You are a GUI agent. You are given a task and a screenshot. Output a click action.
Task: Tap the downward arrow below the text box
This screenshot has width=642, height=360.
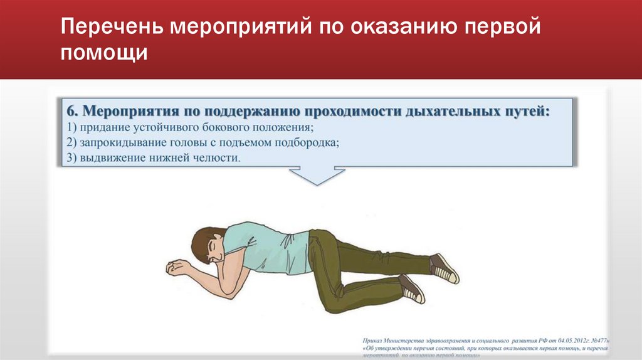(x=318, y=175)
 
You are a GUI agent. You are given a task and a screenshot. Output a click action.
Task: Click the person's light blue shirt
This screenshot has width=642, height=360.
(x=263, y=241)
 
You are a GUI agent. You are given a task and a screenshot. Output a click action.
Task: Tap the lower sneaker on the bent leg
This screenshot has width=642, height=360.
(x=412, y=289)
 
